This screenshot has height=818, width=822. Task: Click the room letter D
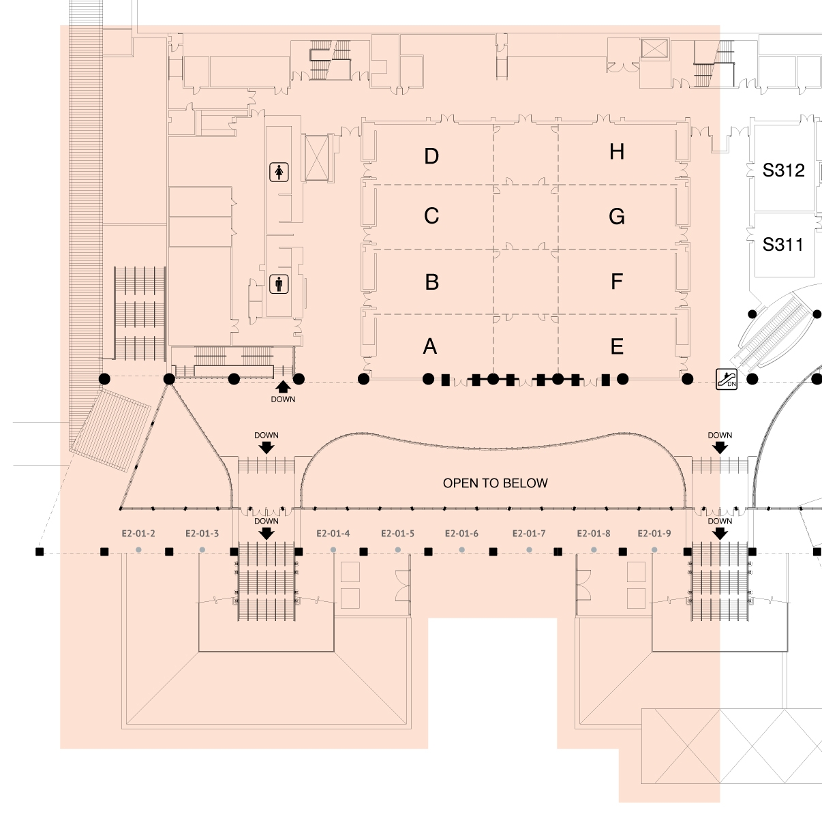click(431, 156)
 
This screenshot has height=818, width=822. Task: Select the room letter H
click(617, 151)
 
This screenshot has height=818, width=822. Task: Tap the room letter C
click(431, 216)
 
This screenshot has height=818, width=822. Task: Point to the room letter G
click(617, 217)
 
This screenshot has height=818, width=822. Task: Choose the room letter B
click(431, 282)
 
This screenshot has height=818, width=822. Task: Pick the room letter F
click(617, 281)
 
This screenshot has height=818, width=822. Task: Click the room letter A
click(430, 347)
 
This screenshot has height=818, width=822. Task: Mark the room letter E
click(617, 347)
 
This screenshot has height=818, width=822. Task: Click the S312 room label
click(783, 170)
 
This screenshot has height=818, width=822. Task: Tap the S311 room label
click(782, 244)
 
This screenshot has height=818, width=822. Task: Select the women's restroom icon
click(279, 172)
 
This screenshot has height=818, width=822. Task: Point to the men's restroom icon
click(279, 284)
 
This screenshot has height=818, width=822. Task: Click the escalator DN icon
click(727, 379)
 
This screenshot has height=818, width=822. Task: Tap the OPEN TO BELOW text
click(496, 483)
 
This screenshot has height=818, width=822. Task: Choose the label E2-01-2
click(138, 534)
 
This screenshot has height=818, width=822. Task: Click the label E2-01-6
click(462, 534)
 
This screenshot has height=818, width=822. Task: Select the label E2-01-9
click(654, 534)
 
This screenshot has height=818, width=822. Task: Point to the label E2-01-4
click(333, 534)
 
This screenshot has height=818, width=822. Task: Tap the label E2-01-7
click(529, 534)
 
